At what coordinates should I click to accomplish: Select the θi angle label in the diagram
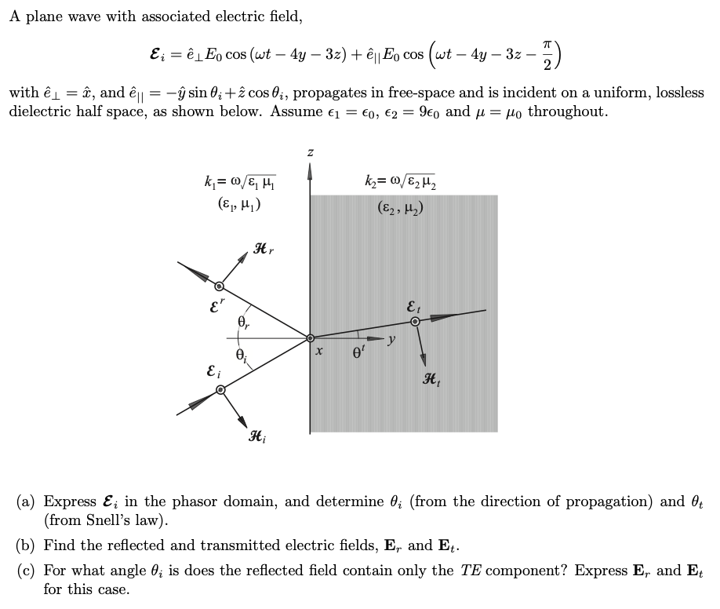pyautogui.click(x=242, y=354)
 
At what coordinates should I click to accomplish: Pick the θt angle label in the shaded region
pyautogui.click(x=358, y=353)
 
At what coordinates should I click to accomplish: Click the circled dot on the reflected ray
pyautogui.click(x=219, y=286)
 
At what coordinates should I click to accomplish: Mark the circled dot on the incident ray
pyautogui.click(x=221, y=389)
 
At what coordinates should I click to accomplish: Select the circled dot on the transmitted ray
pyautogui.click(x=416, y=320)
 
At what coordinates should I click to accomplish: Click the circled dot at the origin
pyautogui.click(x=311, y=338)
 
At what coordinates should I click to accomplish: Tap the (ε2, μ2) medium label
pyautogui.click(x=400, y=209)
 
